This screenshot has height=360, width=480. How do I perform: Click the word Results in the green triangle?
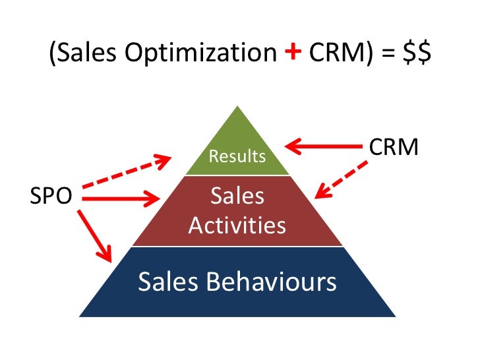tap(237, 156)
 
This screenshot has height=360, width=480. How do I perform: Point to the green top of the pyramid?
tap(237, 142)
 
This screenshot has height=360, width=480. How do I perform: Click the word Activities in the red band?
tap(237, 226)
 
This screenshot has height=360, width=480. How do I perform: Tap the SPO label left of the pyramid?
tap(51, 196)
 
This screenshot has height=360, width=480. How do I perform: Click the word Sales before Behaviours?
tap(167, 282)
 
